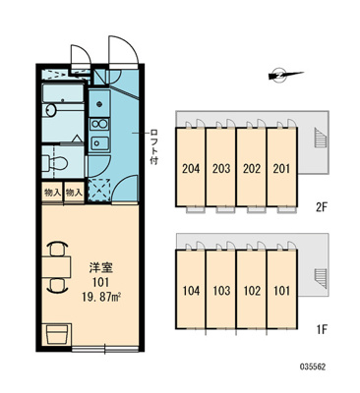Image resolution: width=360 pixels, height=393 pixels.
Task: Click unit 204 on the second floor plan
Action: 191,166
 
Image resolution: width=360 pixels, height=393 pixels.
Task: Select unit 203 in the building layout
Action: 221,166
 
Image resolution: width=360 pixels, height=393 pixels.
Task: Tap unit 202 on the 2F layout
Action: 252,166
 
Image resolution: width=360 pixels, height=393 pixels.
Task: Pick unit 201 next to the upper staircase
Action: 282,166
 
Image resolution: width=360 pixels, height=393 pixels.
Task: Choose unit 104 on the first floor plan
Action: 191,289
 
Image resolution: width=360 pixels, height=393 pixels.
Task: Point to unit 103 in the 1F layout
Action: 221,289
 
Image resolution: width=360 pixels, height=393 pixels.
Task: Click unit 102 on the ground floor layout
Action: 252,289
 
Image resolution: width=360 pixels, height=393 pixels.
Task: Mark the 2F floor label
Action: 322,207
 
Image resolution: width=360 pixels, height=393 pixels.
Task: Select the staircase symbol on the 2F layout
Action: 319,138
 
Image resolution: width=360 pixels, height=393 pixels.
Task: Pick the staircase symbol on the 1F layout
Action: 319,278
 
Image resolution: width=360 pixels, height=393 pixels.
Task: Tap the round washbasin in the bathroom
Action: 51,110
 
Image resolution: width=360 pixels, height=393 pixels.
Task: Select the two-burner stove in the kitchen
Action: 99,124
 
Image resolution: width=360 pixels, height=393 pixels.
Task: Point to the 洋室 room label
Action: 101,268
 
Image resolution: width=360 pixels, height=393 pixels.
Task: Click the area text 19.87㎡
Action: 100,297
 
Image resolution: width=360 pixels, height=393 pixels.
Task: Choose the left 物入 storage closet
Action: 52,193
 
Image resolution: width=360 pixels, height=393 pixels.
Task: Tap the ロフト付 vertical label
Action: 153,147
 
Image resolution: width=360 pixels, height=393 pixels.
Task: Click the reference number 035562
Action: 313,366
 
